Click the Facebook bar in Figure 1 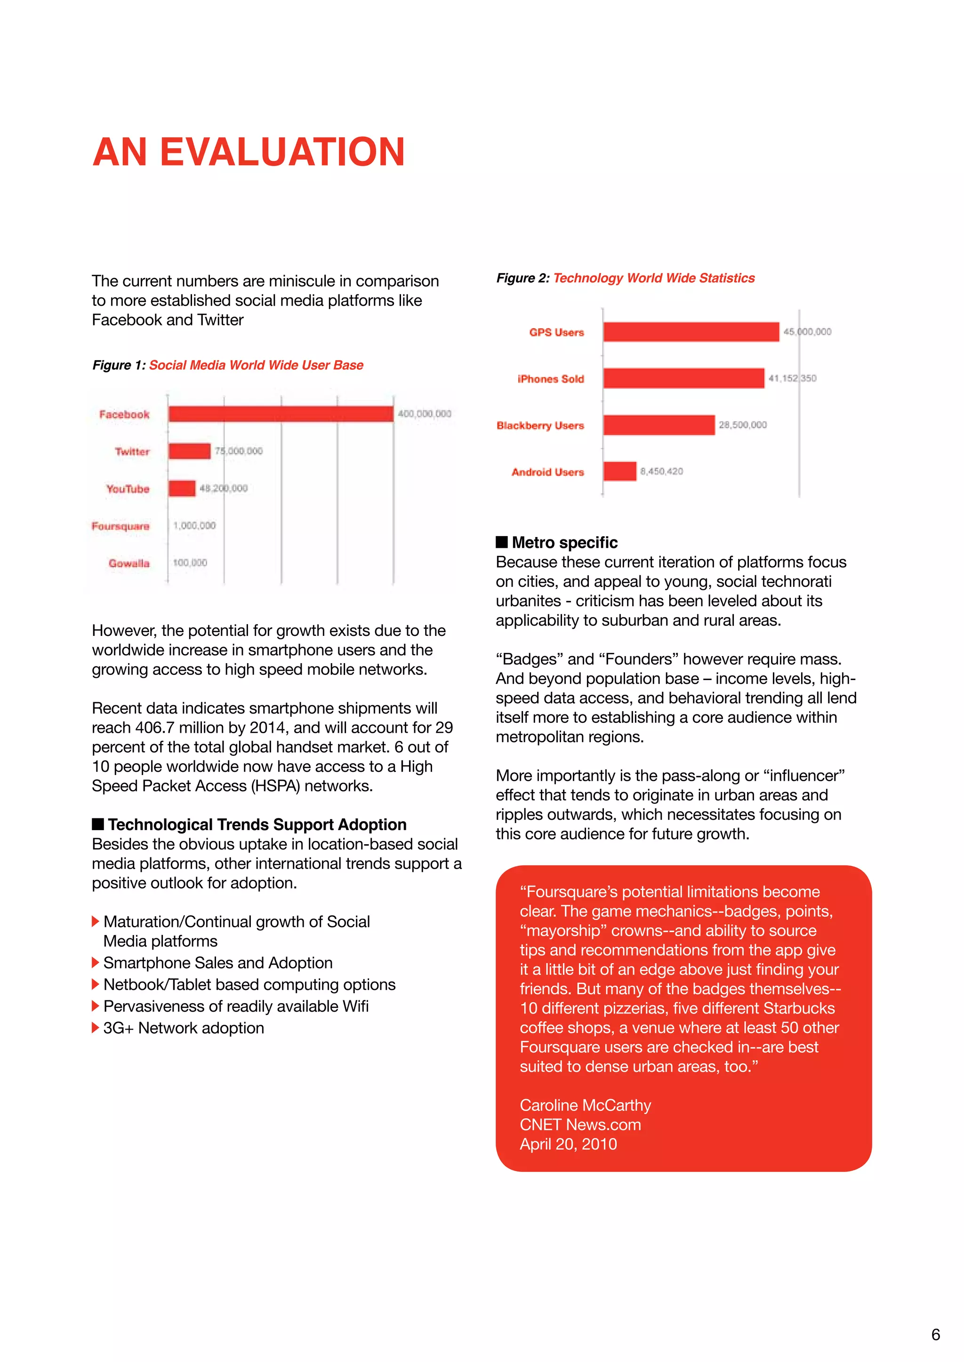(x=280, y=413)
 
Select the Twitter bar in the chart (x=189, y=451)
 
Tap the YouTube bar (x=182, y=488)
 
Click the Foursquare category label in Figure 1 (x=120, y=526)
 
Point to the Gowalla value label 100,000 (x=190, y=562)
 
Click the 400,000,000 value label (x=425, y=413)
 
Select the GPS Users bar (x=691, y=332)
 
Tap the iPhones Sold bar (x=684, y=378)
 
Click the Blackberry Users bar (x=659, y=425)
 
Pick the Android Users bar (x=620, y=471)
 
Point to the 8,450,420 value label (x=661, y=471)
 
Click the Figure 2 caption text (x=625, y=278)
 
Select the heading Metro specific (x=564, y=542)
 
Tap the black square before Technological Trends (x=98, y=824)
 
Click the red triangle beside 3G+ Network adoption (x=95, y=1028)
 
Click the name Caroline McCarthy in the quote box (x=585, y=1105)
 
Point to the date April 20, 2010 (x=568, y=1144)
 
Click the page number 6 (x=935, y=1334)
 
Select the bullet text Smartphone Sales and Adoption (x=218, y=963)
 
